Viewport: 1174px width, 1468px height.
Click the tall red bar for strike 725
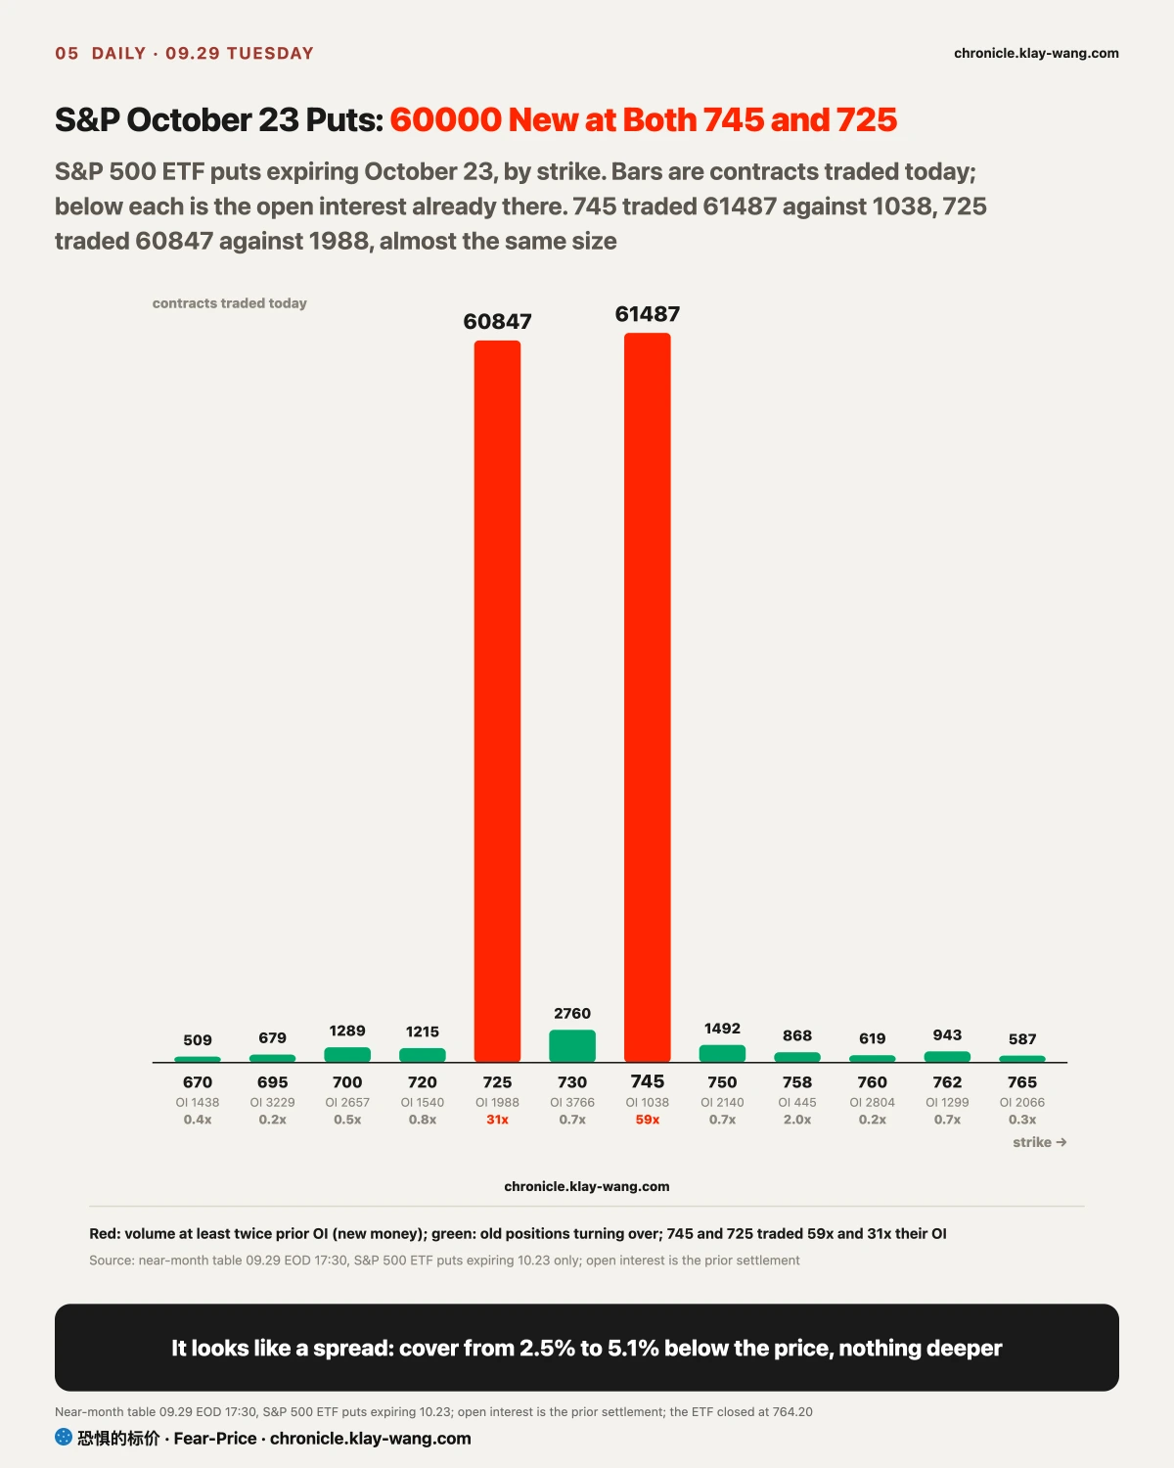tap(497, 702)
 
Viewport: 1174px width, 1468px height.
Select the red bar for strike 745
tap(648, 697)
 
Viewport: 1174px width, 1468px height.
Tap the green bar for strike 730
tap(572, 1046)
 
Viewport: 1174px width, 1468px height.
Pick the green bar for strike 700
tap(347, 1055)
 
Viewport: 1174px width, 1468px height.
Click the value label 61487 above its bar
tap(648, 314)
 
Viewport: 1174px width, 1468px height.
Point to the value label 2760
tap(572, 1013)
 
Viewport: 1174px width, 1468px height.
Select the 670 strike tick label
tap(198, 1081)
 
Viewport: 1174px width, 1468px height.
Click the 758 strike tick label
tap(797, 1081)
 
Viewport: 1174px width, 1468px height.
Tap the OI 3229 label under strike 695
tap(272, 1102)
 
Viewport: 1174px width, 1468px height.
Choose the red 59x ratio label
tap(648, 1120)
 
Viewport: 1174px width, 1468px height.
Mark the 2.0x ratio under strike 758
tap(797, 1120)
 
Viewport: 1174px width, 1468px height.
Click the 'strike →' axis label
tap(1040, 1142)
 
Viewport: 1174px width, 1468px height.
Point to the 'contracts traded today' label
tap(229, 302)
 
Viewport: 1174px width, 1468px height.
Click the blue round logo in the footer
tap(64, 1437)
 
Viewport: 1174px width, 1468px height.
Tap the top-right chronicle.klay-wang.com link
tap(1036, 53)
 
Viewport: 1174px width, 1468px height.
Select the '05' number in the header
tap(67, 53)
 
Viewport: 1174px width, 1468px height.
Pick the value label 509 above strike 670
tap(198, 1039)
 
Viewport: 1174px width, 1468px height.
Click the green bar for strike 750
tap(722, 1053)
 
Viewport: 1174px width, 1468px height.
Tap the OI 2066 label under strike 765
tap(1022, 1102)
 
